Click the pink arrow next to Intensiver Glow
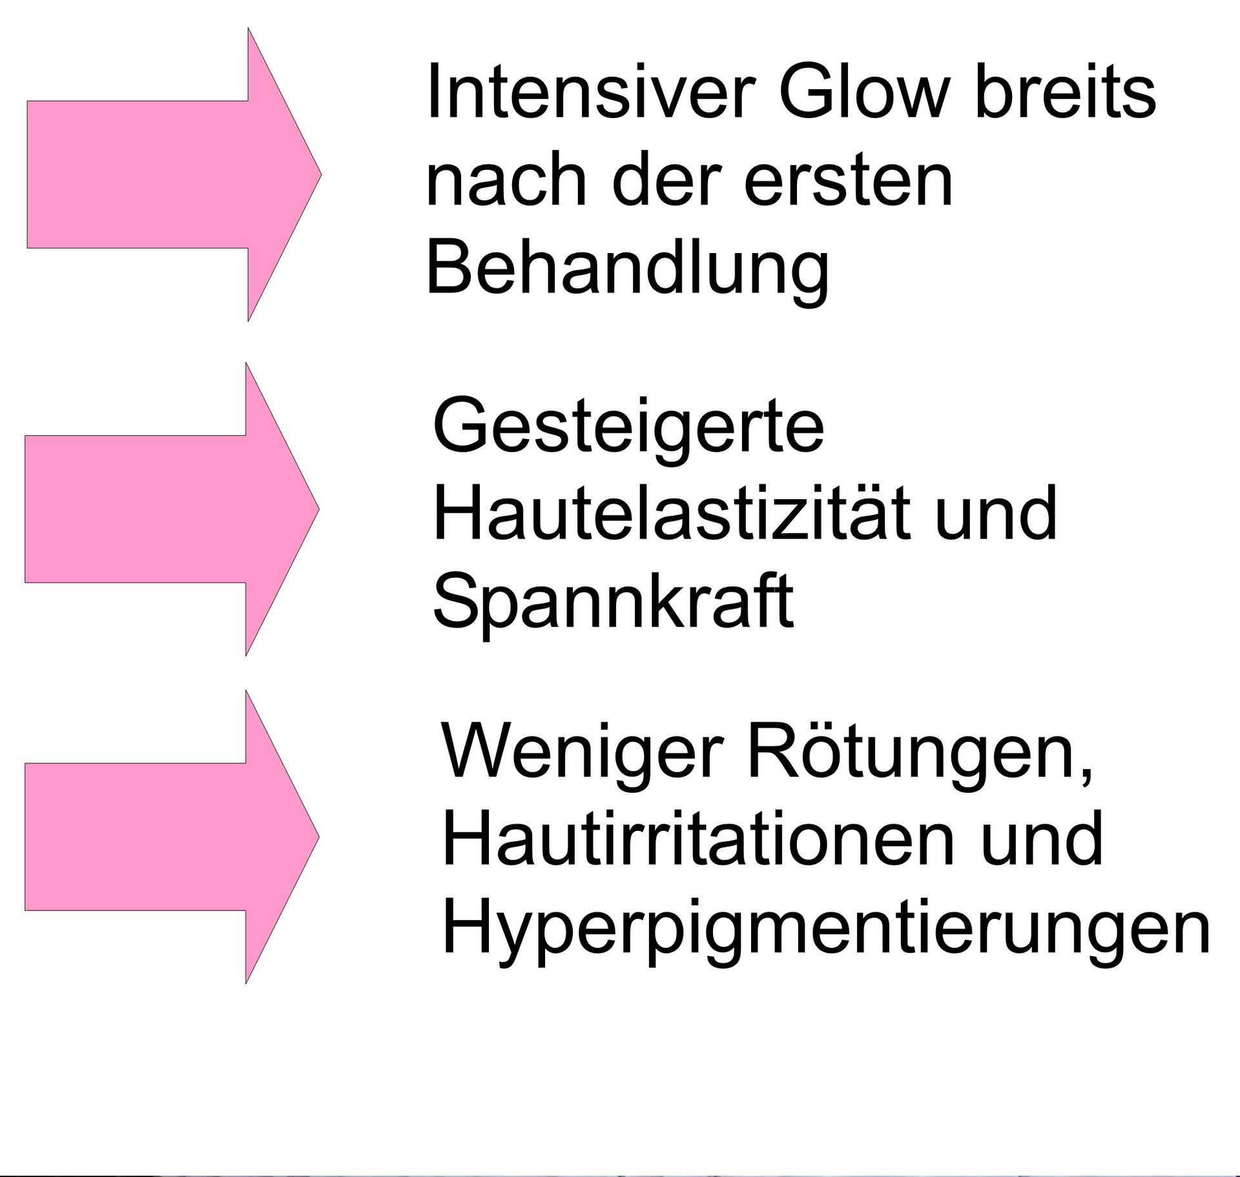tap(174, 174)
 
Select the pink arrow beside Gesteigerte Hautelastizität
tap(172, 509)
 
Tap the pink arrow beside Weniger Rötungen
tap(172, 836)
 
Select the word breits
tap(1065, 90)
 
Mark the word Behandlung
tap(627, 270)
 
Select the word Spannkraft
tap(613, 603)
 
